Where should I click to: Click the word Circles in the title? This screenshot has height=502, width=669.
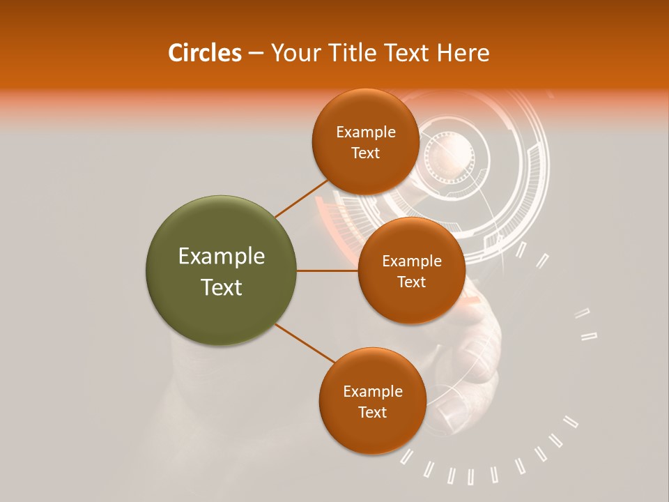tap(204, 53)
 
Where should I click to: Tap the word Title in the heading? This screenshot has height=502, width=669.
tap(351, 53)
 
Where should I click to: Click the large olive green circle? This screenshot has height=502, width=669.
tap(222, 271)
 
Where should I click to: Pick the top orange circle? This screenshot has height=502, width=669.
tap(365, 142)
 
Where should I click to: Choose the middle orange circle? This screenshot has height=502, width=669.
tap(411, 271)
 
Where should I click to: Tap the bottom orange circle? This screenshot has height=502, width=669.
tap(372, 402)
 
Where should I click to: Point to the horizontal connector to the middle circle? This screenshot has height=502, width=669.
tap(328, 271)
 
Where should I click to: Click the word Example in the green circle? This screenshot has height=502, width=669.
tap(222, 257)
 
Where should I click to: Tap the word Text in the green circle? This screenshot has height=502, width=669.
tap(222, 287)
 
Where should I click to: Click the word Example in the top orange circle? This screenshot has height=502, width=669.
tap(366, 132)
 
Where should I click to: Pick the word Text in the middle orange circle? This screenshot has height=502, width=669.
tap(411, 282)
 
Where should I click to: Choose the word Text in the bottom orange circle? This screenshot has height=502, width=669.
tap(372, 412)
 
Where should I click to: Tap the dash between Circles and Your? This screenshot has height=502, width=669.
tap(255, 53)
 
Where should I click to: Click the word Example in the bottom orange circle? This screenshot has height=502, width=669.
tap(373, 392)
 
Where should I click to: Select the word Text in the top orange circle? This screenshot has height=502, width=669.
tap(365, 153)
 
